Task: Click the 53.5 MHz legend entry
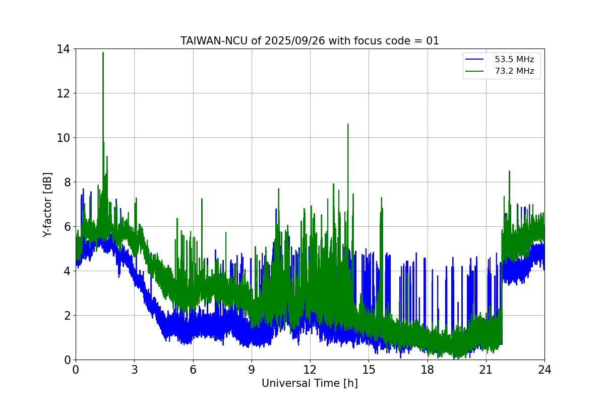pos(514,60)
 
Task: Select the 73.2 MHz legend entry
pos(514,71)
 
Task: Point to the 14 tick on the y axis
pos(64,49)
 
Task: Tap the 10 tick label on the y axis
pos(64,138)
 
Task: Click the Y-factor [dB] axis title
pos(47,205)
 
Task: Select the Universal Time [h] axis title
pos(310,384)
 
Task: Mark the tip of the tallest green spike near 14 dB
pos(103,53)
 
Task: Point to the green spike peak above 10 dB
pos(348,124)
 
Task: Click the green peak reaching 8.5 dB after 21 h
pos(509,171)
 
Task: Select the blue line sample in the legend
pos(474,60)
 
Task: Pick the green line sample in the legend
pos(474,71)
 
